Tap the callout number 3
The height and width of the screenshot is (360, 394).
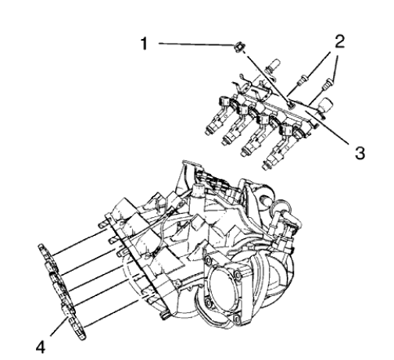[x=356, y=152]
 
